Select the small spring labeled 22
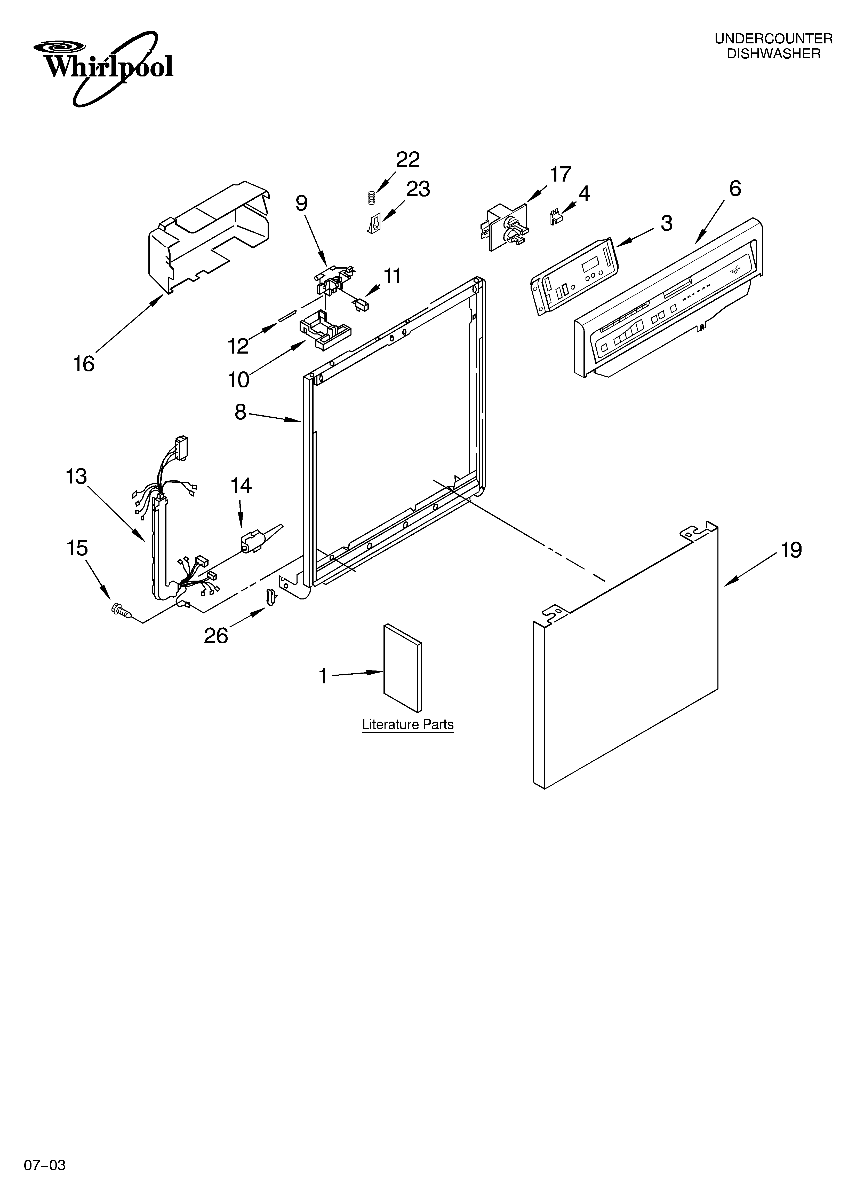371,197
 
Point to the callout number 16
83,364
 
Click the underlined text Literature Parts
407,724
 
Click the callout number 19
791,550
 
